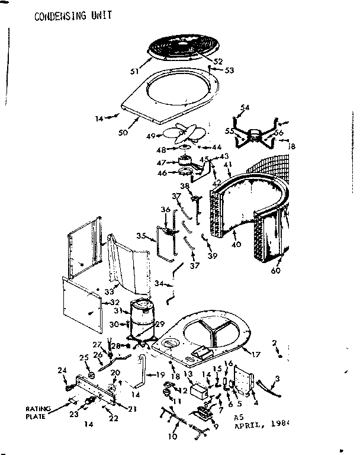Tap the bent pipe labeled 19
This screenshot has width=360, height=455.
tap(144, 377)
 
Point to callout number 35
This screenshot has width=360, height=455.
tap(140, 235)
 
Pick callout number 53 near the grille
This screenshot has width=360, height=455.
tap(229, 71)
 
